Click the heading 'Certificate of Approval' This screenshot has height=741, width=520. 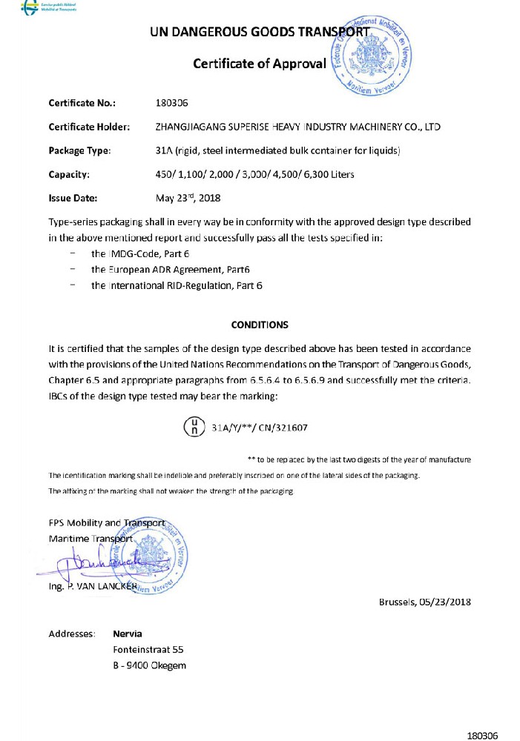coord(259,63)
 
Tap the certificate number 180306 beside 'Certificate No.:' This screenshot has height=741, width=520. coord(172,102)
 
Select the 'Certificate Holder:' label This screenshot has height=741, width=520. coord(89,127)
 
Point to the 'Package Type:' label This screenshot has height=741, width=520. coord(79,150)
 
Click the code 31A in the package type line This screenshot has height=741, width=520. coord(165,150)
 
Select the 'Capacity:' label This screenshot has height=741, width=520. coord(69,175)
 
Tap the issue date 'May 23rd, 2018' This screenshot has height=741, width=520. coord(188,198)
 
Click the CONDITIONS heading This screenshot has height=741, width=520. coord(260,325)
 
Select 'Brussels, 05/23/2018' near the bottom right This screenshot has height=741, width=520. coord(424,601)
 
